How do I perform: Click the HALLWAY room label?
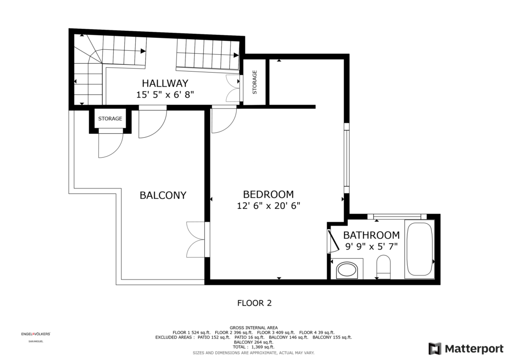tap(165, 83)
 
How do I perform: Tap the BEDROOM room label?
tap(268, 194)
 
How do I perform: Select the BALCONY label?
tap(163, 195)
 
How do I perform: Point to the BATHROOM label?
tap(371, 235)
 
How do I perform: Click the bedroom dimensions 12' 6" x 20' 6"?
tap(268, 205)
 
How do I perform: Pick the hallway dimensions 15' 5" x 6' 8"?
tap(165, 94)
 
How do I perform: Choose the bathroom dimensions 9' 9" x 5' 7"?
tap(371, 247)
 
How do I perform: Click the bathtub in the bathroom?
tap(419, 249)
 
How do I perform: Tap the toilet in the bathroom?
tap(383, 267)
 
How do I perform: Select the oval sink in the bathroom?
tap(346, 270)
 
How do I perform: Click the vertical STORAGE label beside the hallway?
tap(254, 82)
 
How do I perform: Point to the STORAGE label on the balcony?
tap(110, 118)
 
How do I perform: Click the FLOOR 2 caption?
tap(254, 303)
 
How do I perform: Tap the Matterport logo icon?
tap(435, 349)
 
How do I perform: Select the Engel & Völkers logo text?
tap(36, 334)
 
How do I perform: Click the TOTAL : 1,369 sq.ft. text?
tap(254, 347)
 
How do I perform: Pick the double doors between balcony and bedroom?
tap(196, 240)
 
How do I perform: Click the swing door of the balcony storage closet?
tap(111, 143)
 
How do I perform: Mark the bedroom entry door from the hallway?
tap(224, 119)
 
